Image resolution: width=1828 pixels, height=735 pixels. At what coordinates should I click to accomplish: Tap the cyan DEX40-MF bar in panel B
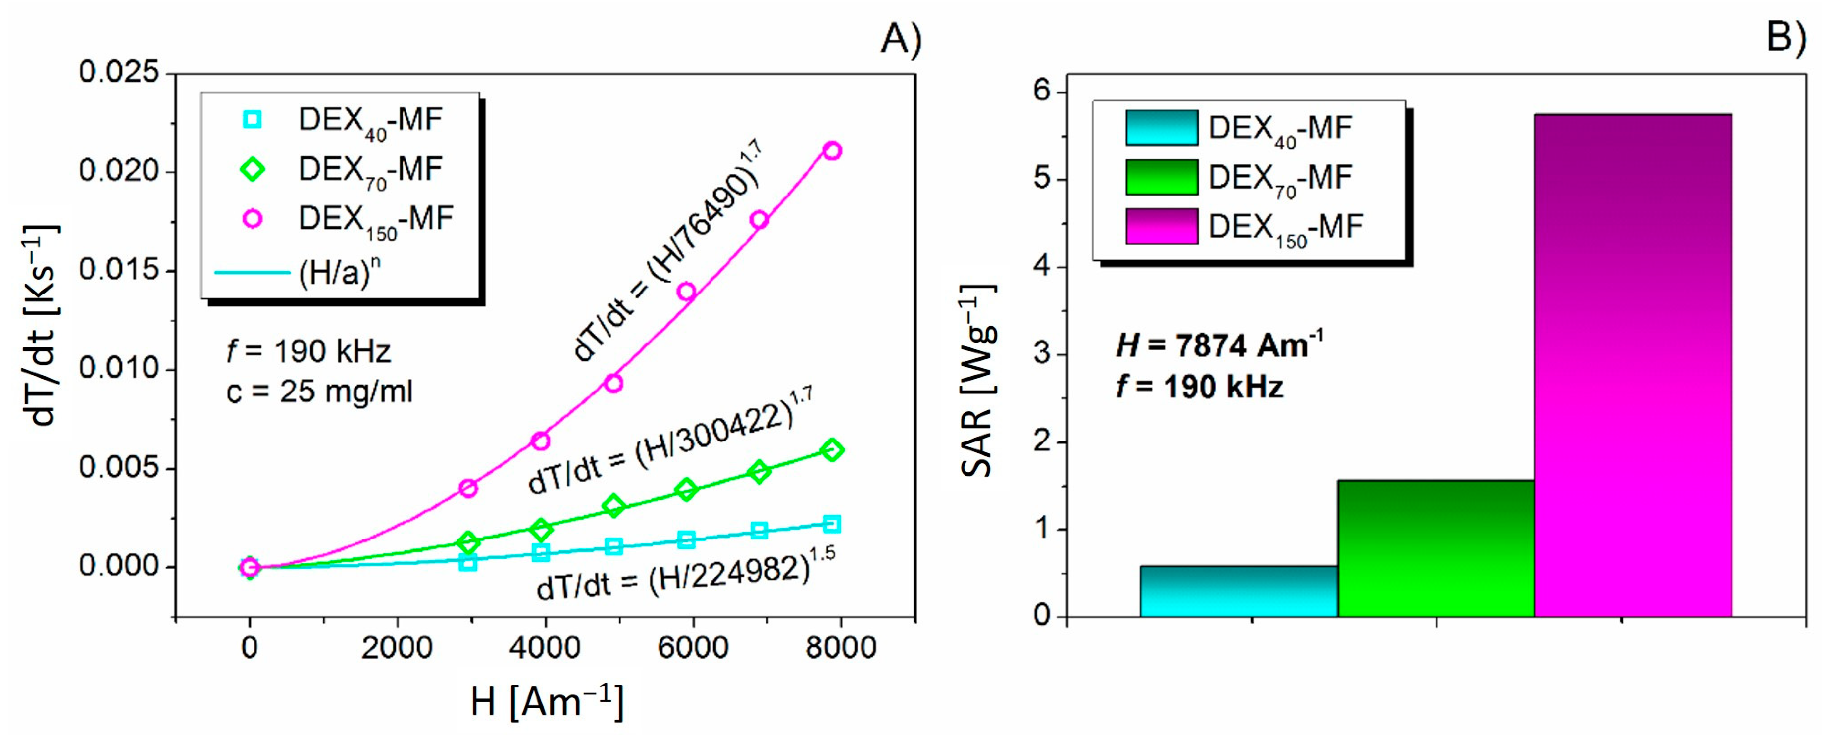click(1238, 591)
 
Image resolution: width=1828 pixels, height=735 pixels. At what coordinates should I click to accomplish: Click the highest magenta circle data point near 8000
click(832, 150)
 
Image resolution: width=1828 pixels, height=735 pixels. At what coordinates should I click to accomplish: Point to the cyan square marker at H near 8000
click(832, 524)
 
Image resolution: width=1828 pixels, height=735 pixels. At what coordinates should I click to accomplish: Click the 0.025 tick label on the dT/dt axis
click(118, 72)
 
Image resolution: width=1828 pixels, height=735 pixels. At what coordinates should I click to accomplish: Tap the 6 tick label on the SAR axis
click(1042, 92)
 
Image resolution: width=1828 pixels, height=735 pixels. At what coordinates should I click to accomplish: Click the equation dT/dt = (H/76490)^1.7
click(667, 252)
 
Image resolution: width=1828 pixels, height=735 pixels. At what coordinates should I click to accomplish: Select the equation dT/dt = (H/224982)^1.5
click(685, 575)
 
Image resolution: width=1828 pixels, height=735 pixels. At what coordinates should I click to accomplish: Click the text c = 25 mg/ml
click(319, 392)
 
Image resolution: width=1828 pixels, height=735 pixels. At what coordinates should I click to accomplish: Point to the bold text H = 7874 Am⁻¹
click(1219, 345)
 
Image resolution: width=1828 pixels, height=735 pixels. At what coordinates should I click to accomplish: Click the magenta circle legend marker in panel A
click(253, 218)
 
